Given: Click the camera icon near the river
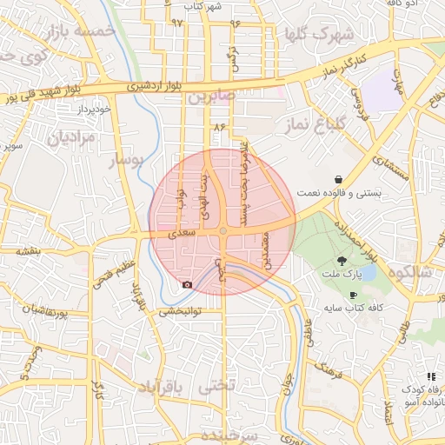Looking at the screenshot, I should [x=187, y=284].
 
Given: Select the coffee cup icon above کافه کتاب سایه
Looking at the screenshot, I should [x=352, y=295].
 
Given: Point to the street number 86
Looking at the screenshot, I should [x=218, y=128].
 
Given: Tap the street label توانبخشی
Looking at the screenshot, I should [x=180, y=310].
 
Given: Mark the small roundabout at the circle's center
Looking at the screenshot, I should [x=223, y=230].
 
